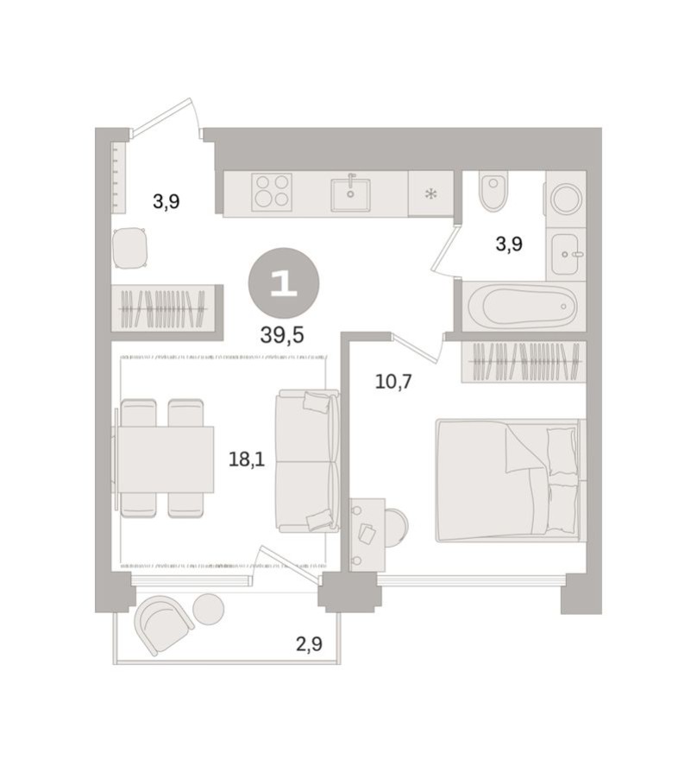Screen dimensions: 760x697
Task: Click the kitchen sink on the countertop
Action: (350, 193)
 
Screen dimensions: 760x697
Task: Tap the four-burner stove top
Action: (271, 192)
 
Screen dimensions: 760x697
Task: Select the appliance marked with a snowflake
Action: (430, 193)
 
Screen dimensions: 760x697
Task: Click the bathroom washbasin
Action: (567, 254)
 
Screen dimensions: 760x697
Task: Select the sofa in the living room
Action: (305, 460)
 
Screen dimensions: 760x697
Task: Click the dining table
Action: (165, 459)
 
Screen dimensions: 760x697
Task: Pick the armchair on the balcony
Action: (165, 623)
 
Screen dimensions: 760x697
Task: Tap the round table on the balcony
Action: (208, 609)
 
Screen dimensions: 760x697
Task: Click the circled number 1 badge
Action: (284, 283)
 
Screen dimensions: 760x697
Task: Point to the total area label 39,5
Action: (282, 335)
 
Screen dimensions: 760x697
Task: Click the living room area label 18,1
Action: (246, 459)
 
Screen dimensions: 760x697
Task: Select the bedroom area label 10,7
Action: (393, 380)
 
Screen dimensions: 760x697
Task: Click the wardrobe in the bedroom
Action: (524, 362)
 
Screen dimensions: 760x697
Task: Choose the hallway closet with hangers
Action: (164, 307)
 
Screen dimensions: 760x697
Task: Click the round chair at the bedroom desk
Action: (395, 527)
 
